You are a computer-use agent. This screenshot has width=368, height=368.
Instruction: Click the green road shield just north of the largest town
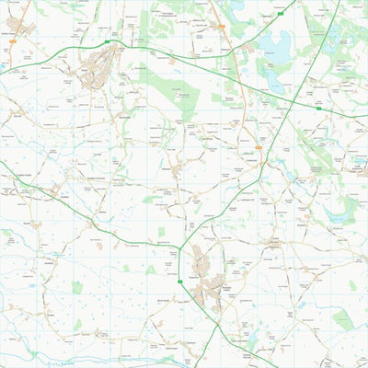[108, 42]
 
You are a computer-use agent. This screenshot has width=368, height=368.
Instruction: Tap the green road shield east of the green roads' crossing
[318, 109]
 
